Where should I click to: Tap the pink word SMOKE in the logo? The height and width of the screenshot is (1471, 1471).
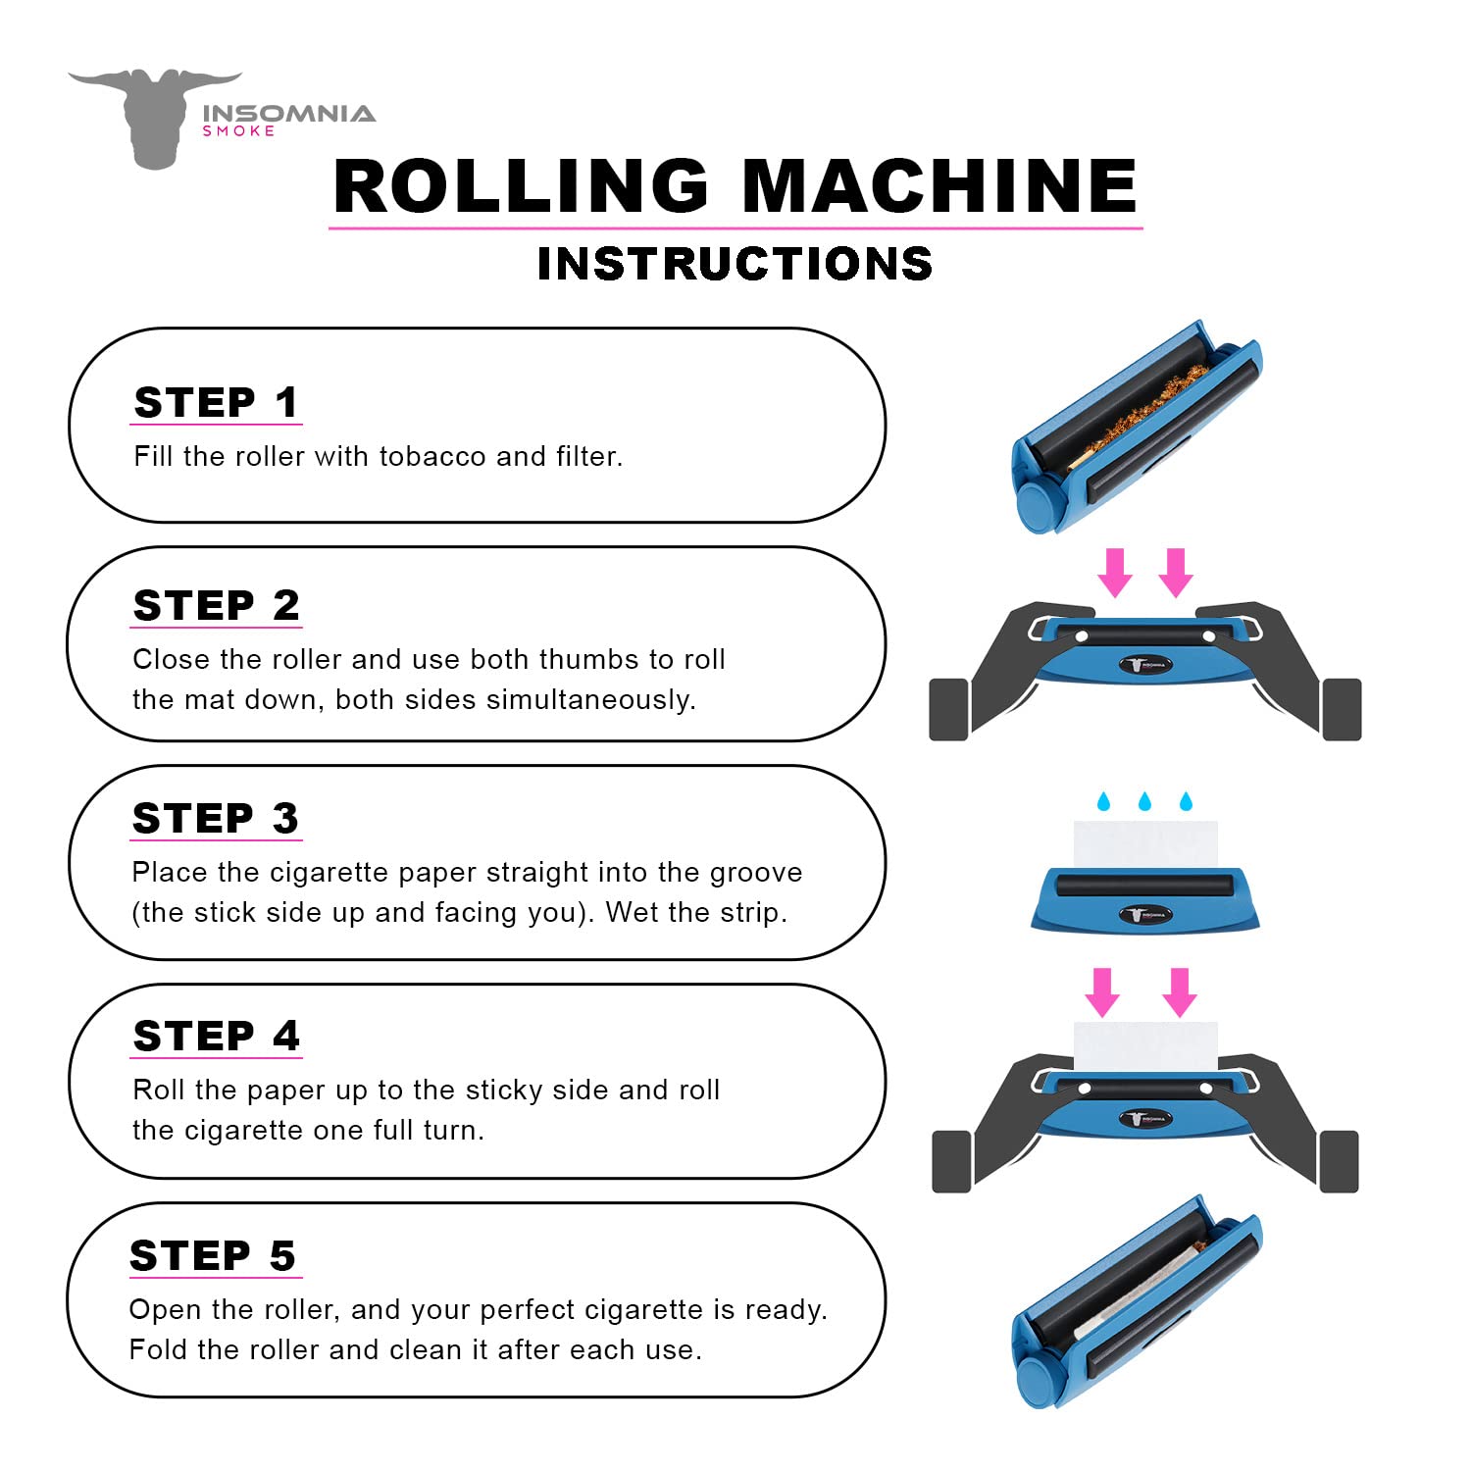238,131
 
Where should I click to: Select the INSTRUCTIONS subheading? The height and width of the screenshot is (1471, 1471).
735,264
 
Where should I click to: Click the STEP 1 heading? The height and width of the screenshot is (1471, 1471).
216,403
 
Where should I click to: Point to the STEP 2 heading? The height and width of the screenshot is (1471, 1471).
216,606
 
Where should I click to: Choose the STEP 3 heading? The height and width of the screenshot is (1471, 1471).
216,819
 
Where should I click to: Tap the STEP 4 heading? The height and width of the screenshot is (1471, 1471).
216,1037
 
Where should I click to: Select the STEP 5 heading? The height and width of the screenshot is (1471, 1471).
213,1256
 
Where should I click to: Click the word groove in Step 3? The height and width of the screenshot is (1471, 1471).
755,873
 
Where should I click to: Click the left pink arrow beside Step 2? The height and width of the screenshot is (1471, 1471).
1114,572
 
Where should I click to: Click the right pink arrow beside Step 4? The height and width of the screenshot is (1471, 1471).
1180,991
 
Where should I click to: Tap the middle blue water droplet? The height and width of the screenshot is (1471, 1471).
1144,801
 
